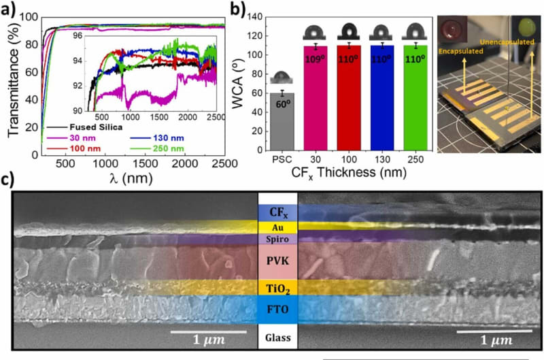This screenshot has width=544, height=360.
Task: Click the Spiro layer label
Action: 277,240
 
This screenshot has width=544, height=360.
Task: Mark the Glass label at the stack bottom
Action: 277,338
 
